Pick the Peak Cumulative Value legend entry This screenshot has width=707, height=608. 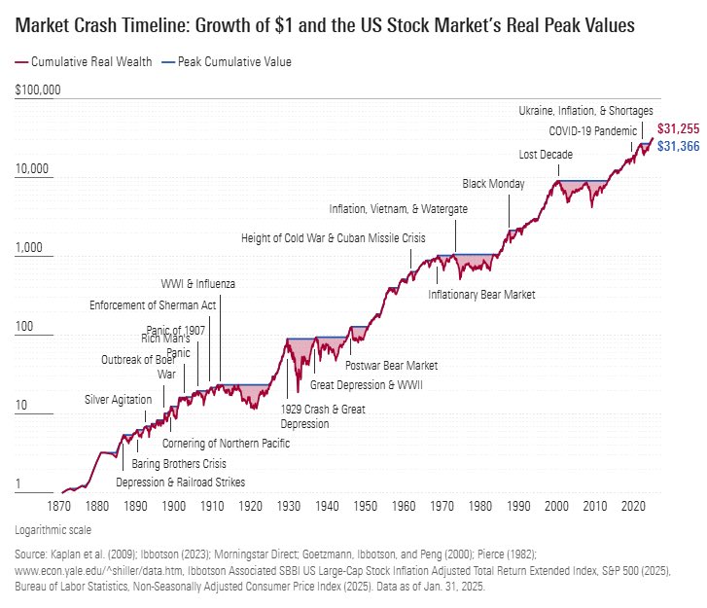click(234, 62)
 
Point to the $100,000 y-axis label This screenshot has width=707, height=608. click(38, 90)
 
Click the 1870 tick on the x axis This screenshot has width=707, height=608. click(58, 507)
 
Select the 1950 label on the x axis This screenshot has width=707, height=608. click(365, 507)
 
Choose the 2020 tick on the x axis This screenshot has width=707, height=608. click(633, 507)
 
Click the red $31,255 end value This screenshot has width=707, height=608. click(678, 128)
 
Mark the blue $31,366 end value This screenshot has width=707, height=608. click(678, 146)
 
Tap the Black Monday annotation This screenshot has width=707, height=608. click(493, 184)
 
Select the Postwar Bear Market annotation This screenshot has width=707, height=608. click(392, 366)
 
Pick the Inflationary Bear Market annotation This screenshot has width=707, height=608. click(481, 295)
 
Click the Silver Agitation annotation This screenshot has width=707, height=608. click(118, 400)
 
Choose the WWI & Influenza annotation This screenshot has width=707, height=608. click(197, 284)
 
